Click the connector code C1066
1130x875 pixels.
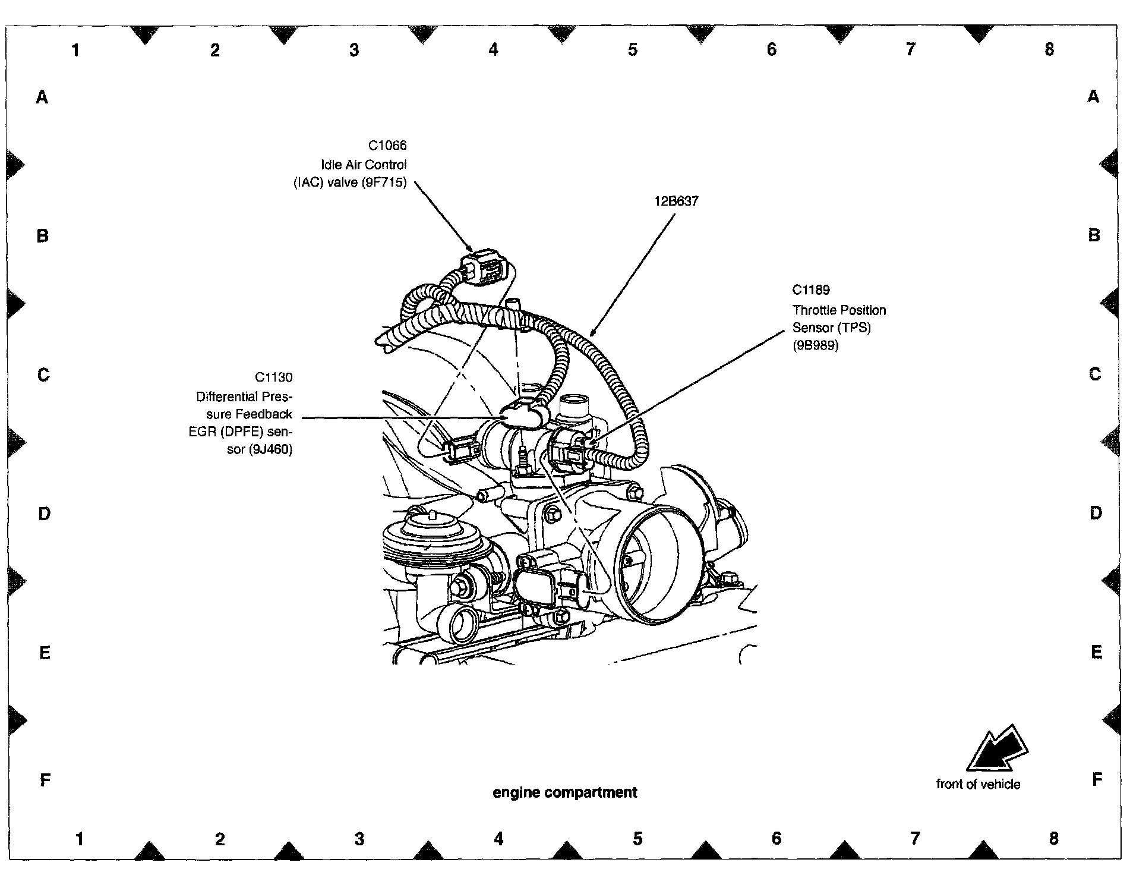coord(387,146)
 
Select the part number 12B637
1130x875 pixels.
coord(676,202)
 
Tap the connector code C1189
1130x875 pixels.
coord(811,290)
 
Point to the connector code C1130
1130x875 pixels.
coord(273,377)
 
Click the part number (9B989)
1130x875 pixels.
coord(816,345)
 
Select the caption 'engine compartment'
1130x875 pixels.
coord(564,792)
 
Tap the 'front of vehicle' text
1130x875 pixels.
coord(978,784)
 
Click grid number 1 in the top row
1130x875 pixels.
coord(75,50)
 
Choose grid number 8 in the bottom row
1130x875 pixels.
coord(1053,839)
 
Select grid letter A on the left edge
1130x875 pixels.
coord(42,97)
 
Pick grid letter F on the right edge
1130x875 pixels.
coord(1097,779)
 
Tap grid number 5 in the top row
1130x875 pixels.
coord(632,50)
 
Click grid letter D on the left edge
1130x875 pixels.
coord(44,514)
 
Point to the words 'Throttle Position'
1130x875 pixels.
coord(839,310)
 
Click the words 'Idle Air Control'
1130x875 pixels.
coord(364,165)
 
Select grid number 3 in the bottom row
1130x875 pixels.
coord(359,839)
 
